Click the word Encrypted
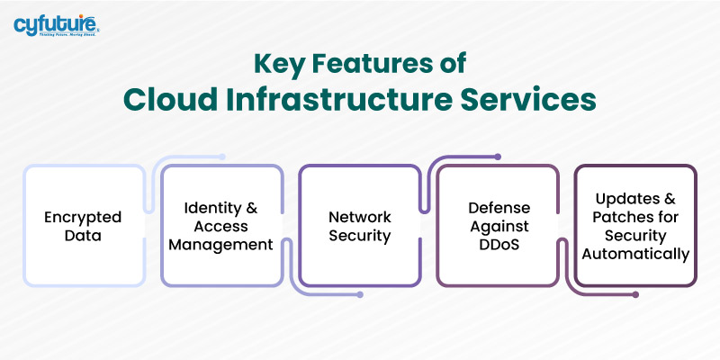click(x=84, y=217)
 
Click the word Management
click(x=221, y=245)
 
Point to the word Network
click(x=359, y=217)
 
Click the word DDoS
click(x=498, y=245)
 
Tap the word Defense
click(x=498, y=209)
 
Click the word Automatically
click(x=635, y=254)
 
